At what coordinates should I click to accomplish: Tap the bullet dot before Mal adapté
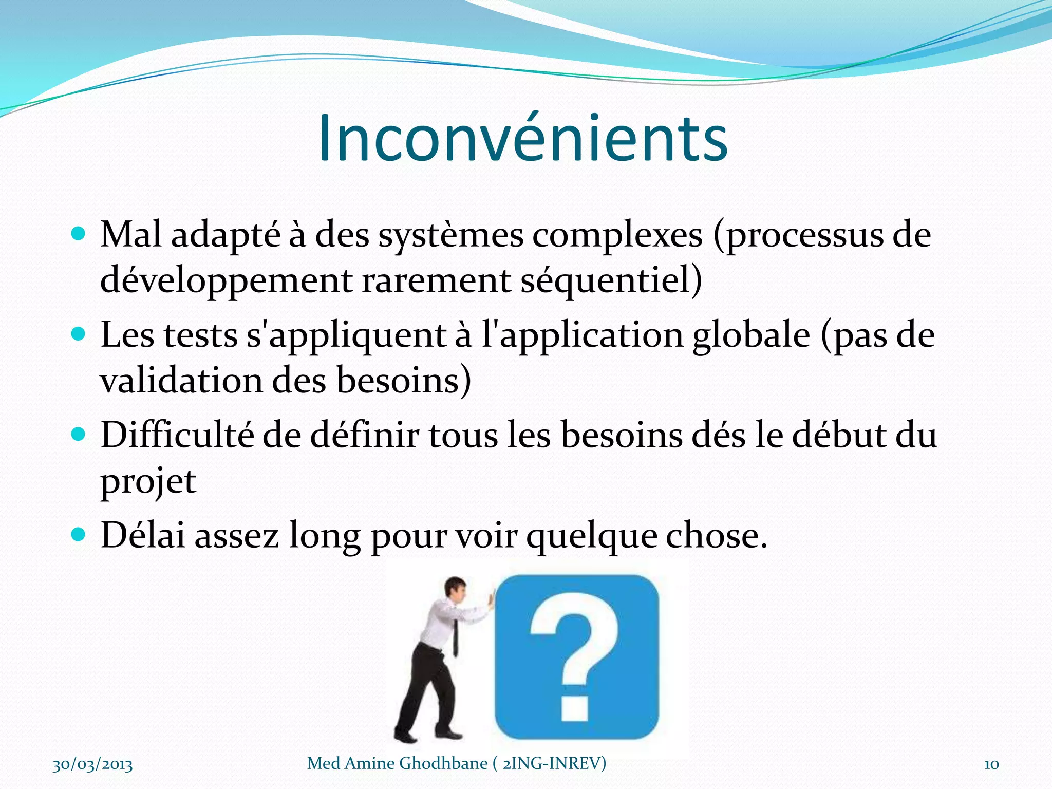click(78, 235)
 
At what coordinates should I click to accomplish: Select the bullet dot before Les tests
click(78, 335)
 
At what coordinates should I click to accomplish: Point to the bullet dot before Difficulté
click(78, 435)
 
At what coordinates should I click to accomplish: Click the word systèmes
click(450, 236)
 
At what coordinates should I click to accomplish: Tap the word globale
click(751, 336)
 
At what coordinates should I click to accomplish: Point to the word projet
click(148, 483)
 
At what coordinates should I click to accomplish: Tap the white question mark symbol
click(573, 657)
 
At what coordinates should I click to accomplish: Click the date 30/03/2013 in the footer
click(92, 765)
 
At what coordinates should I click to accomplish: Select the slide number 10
click(991, 765)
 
